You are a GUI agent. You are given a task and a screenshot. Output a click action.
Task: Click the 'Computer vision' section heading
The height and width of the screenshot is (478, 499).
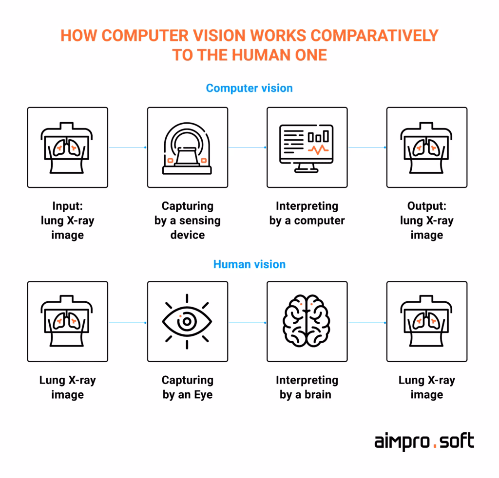point(249,88)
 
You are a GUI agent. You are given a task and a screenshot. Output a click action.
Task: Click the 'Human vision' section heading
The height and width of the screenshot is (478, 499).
point(249,264)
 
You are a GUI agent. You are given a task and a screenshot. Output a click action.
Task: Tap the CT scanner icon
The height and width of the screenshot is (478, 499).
point(187,147)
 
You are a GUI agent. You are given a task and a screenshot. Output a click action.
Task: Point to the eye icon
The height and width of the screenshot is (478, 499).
point(187,321)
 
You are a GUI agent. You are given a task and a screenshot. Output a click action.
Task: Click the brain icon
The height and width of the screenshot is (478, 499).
point(307,321)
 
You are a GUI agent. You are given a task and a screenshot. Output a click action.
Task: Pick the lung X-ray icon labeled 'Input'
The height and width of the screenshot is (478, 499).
point(67,147)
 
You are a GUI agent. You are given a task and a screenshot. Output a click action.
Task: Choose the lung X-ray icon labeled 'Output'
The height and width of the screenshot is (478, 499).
point(426,147)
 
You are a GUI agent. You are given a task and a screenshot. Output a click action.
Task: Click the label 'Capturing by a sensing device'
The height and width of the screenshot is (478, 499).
point(187,221)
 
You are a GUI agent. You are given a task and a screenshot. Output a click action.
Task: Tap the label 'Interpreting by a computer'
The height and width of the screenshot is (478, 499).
point(307,213)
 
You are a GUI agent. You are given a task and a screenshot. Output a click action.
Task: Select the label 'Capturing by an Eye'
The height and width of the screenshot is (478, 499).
point(187,387)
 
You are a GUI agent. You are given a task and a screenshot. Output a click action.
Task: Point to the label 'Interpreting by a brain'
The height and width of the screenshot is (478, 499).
point(307,387)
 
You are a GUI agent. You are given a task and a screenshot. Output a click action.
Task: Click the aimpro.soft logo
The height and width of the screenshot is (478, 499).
point(423,442)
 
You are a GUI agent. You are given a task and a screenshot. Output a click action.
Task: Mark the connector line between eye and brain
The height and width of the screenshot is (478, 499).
point(248,322)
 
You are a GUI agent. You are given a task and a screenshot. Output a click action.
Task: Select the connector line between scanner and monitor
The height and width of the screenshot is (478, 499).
point(248,147)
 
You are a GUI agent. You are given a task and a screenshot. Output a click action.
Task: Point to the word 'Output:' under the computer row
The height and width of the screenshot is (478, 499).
point(426,206)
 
